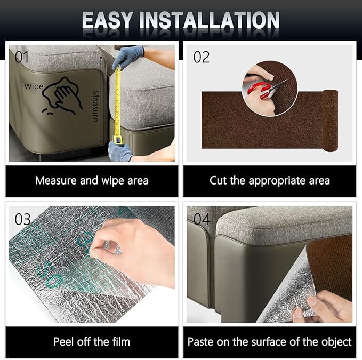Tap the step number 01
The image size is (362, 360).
pyautogui.click(x=22, y=57)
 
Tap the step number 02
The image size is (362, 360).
pyautogui.click(x=202, y=57)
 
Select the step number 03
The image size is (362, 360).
pyautogui.click(x=22, y=219)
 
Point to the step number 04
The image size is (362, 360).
pyautogui.click(x=202, y=219)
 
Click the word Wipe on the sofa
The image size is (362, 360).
pyautogui.click(x=34, y=86)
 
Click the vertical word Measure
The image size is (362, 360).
pyautogui.click(x=95, y=106)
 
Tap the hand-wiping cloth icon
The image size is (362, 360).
pyautogui.click(x=62, y=95)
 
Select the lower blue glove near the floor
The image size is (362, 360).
pyautogui.click(x=119, y=151)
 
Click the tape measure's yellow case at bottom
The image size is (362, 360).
pyautogui.click(x=118, y=140)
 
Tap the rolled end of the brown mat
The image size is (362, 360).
pyautogui.click(x=330, y=121)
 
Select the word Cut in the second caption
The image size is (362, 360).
pyautogui.click(x=218, y=180)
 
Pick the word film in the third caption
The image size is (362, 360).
pyautogui.click(x=121, y=341)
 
